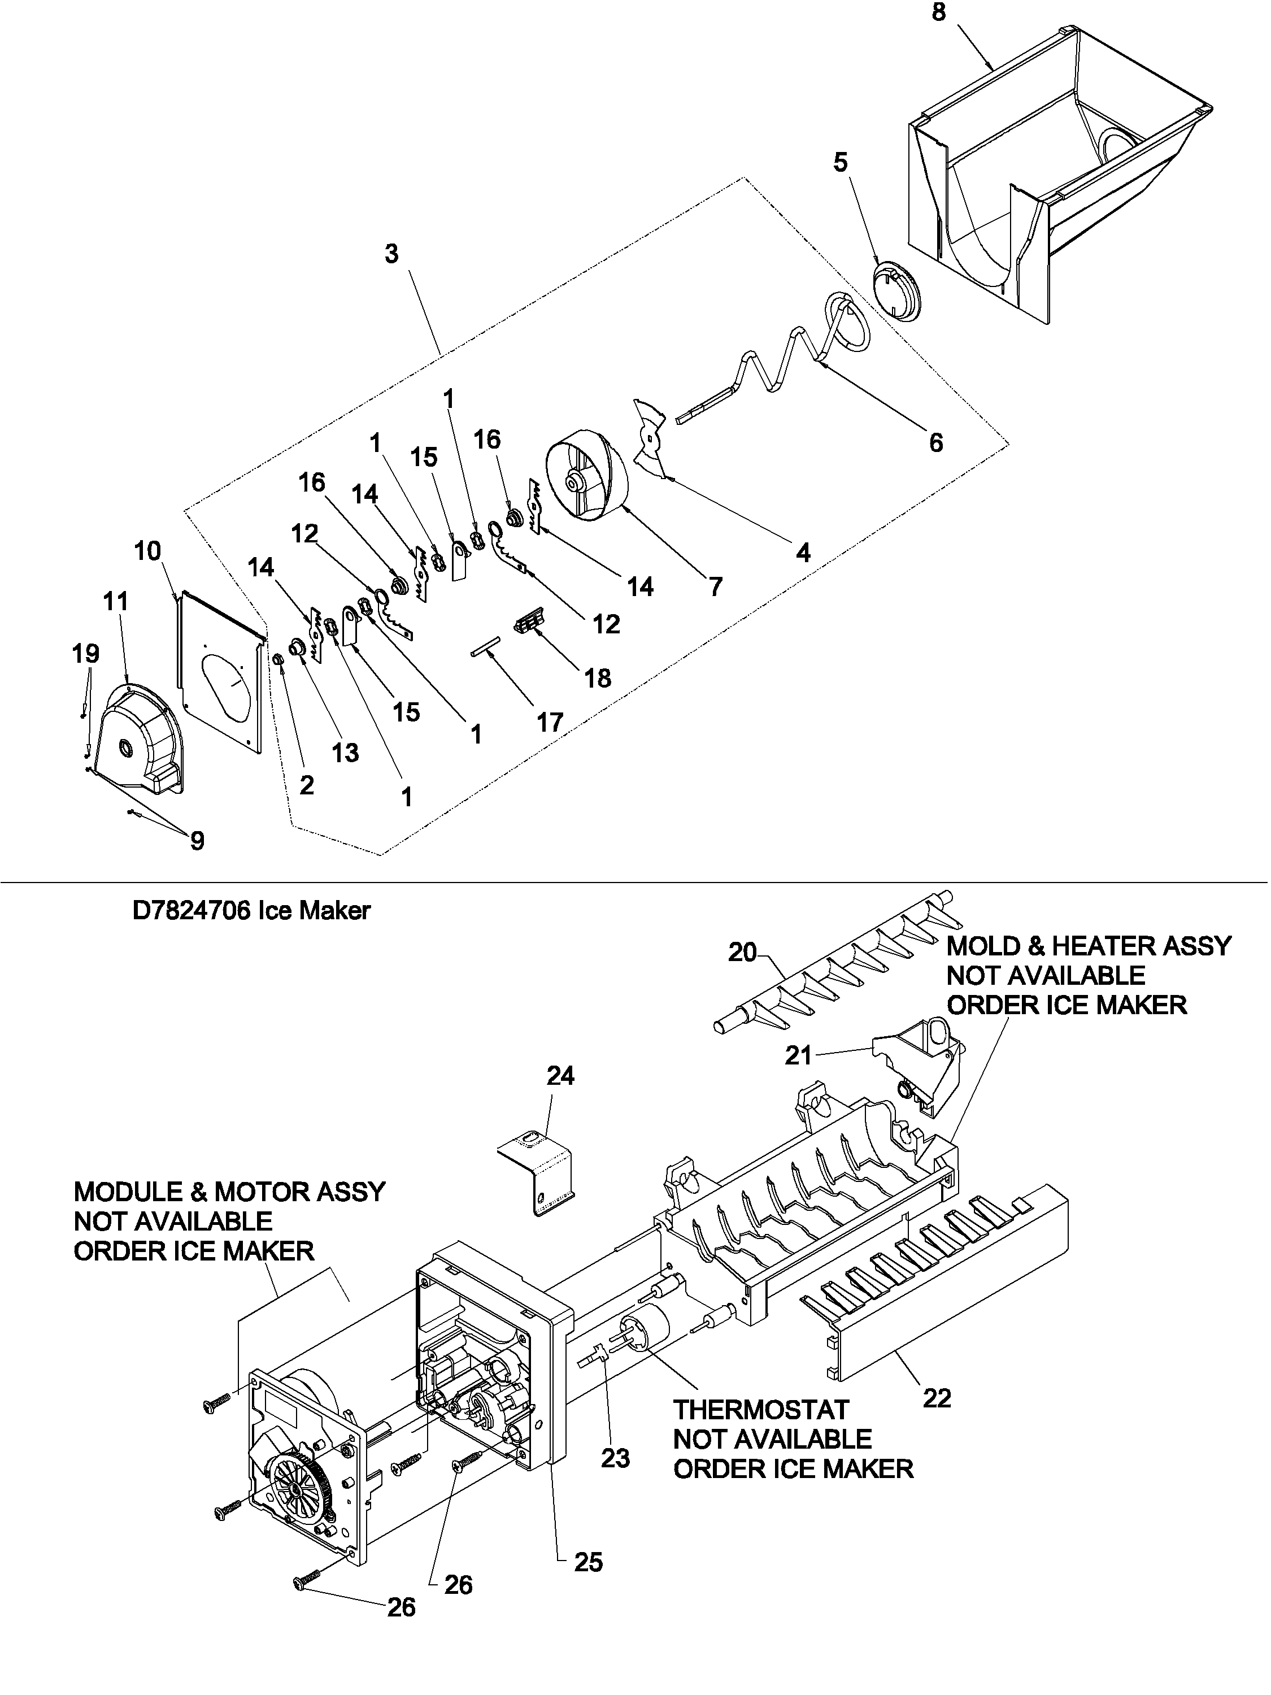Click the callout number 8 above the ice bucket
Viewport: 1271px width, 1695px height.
tap(938, 13)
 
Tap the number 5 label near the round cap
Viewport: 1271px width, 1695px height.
tap(841, 163)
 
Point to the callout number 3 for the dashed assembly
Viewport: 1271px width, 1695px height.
tap(391, 254)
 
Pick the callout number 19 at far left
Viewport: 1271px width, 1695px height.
tap(86, 654)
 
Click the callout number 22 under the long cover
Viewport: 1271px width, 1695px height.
tap(936, 1398)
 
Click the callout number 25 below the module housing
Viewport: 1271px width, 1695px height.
tap(589, 1562)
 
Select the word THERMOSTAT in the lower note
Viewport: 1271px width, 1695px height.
tap(761, 1410)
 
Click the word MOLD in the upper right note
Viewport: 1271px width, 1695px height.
tap(982, 946)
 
